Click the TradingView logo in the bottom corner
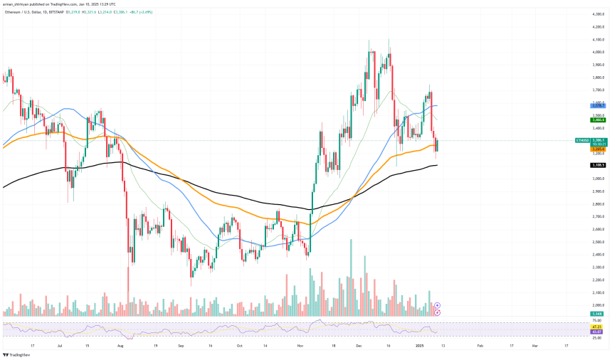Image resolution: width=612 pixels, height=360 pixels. pyautogui.click(x=20, y=354)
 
